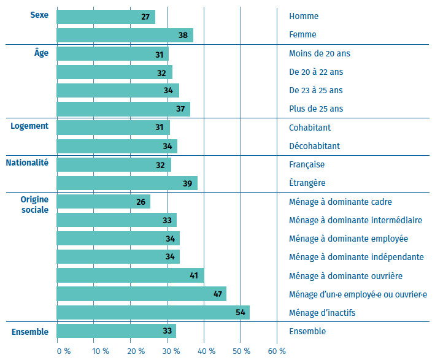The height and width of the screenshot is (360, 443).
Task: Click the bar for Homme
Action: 106,17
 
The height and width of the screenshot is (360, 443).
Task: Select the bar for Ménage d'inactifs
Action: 153,313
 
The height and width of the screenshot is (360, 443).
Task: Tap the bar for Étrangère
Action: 127,183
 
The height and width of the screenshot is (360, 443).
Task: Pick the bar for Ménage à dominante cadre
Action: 103,202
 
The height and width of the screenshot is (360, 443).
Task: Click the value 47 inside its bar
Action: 217,294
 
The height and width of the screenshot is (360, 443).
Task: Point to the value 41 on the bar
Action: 194,276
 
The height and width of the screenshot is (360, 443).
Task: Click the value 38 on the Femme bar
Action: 183,35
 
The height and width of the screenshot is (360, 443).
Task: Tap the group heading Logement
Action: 29,126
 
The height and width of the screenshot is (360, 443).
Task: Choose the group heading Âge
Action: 41,53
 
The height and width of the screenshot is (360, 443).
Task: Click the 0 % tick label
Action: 63,351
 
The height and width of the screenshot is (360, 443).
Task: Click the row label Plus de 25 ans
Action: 317,109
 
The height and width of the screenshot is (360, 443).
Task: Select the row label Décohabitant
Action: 314,146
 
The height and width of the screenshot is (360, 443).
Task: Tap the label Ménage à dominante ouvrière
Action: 345,276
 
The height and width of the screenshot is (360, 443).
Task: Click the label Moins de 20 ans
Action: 319,53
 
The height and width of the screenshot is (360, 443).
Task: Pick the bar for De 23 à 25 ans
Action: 118,90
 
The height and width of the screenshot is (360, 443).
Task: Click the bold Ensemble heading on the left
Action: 30,332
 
